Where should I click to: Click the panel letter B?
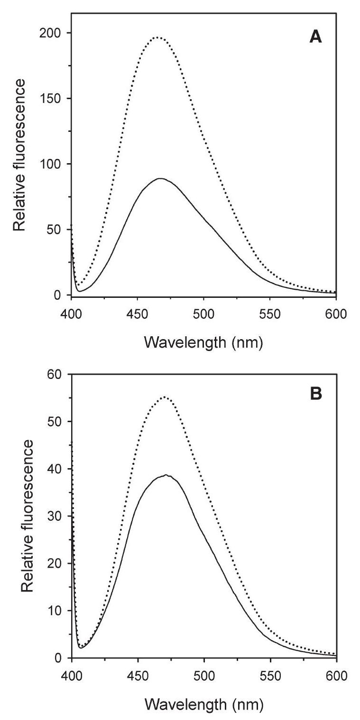(x=315, y=395)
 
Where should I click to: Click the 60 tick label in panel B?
(x=56, y=374)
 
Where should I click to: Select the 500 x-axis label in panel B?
(x=204, y=674)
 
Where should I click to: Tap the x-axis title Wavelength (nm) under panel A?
(x=203, y=342)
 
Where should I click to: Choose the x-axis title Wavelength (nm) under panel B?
(x=203, y=702)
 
